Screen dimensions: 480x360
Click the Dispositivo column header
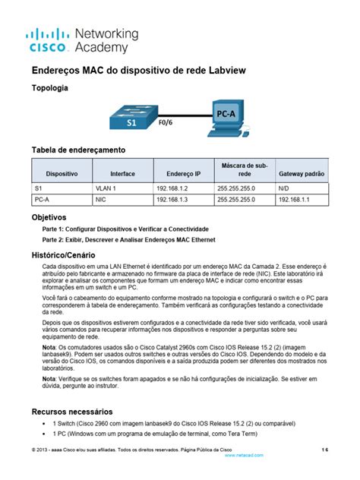(62, 173)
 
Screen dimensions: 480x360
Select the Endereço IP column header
(178, 173)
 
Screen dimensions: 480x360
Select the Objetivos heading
(48, 216)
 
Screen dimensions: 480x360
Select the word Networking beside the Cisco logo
(106, 34)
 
